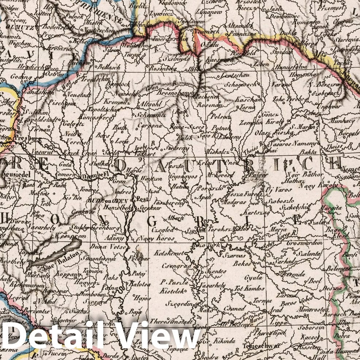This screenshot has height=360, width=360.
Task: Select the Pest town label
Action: pos(142,200)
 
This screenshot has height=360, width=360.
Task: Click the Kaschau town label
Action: pos(248,99)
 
